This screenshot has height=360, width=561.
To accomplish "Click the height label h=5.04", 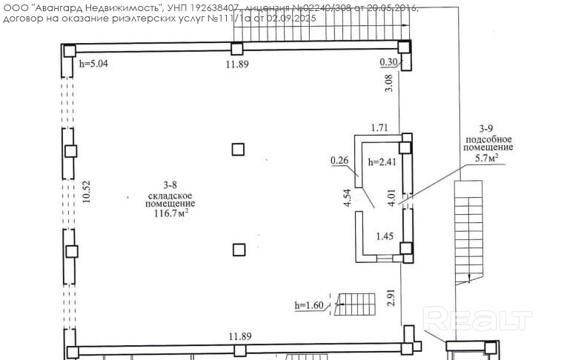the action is point(93,64).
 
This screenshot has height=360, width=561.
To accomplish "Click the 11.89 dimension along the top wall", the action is point(237,64).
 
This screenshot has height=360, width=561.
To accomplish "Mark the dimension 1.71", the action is point(379,128).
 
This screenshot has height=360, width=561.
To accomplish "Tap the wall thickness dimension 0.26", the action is point(339,159).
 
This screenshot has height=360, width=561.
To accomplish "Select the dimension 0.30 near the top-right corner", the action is point(388,61).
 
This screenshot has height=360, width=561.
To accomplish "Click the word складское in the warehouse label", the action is point(170,193).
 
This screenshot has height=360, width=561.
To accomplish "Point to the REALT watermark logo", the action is point(477,320).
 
